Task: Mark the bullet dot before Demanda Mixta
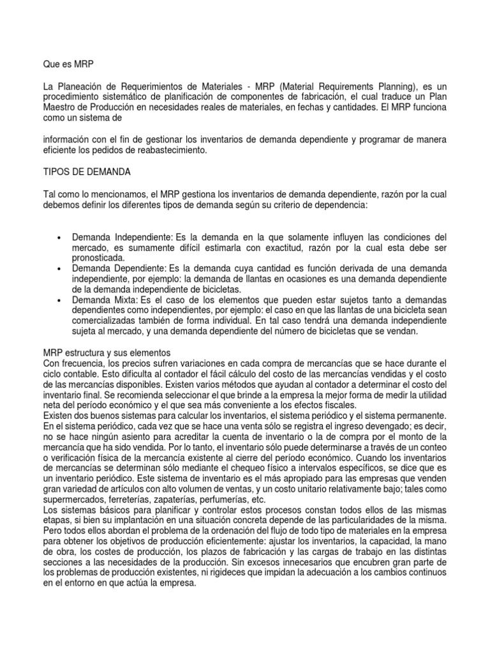59,300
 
